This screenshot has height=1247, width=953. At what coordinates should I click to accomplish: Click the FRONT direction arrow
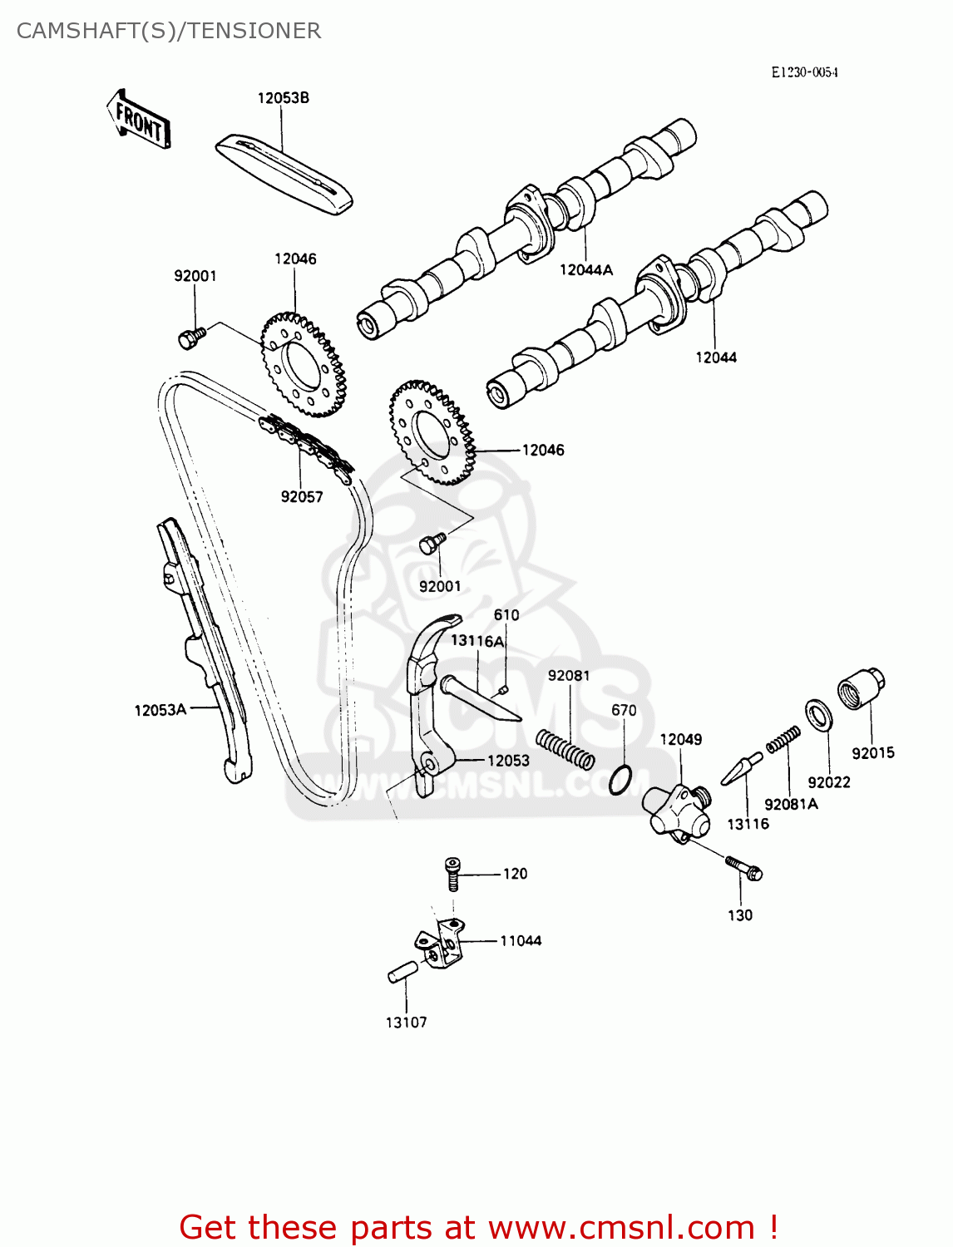click(x=139, y=121)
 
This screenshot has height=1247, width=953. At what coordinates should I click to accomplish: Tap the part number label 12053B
click(x=283, y=98)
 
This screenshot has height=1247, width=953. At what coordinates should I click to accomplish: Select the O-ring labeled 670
click(x=620, y=780)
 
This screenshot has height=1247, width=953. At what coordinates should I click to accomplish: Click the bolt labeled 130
click(x=744, y=867)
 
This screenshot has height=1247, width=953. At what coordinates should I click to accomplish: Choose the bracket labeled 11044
click(x=441, y=944)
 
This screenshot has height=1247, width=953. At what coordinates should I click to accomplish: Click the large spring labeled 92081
click(x=565, y=748)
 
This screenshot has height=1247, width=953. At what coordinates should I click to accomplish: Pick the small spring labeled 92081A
click(x=783, y=739)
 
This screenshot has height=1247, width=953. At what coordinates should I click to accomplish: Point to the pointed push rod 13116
click(x=741, y=770)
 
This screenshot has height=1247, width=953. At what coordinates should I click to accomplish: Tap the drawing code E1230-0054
click(x=803, y=72)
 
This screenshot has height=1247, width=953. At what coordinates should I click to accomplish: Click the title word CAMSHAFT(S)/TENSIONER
click(x=169, y=31)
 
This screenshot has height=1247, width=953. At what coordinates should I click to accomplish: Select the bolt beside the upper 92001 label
click(x=190, y=337)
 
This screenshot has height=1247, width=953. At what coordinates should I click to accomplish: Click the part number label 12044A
click(x=585, y=269)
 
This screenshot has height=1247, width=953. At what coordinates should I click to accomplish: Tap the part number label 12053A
click(x=160, y=710)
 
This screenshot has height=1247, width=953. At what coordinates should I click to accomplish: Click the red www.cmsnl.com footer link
click(x=620, y=1227)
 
